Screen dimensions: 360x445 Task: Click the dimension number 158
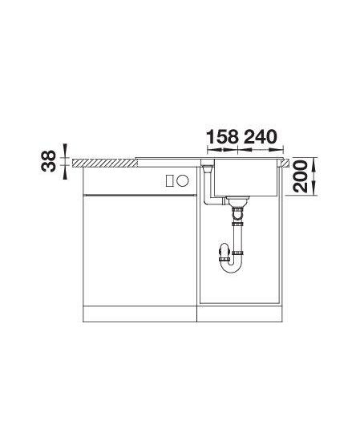pos(222,137)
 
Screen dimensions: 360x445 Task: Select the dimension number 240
pos(260,137)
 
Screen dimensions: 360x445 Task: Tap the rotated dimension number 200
pos(301,176)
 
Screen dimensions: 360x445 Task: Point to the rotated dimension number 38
pos(49,161)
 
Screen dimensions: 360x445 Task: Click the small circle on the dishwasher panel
pos(183,180)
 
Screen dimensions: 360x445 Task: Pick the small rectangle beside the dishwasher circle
pos(170,180)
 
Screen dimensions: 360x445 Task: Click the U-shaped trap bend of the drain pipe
pos(233,266)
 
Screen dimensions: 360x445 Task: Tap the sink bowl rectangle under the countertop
pos(245,177)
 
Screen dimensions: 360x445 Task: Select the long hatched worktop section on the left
pos(105,164)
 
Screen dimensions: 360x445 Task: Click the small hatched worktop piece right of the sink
pos(285,162)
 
